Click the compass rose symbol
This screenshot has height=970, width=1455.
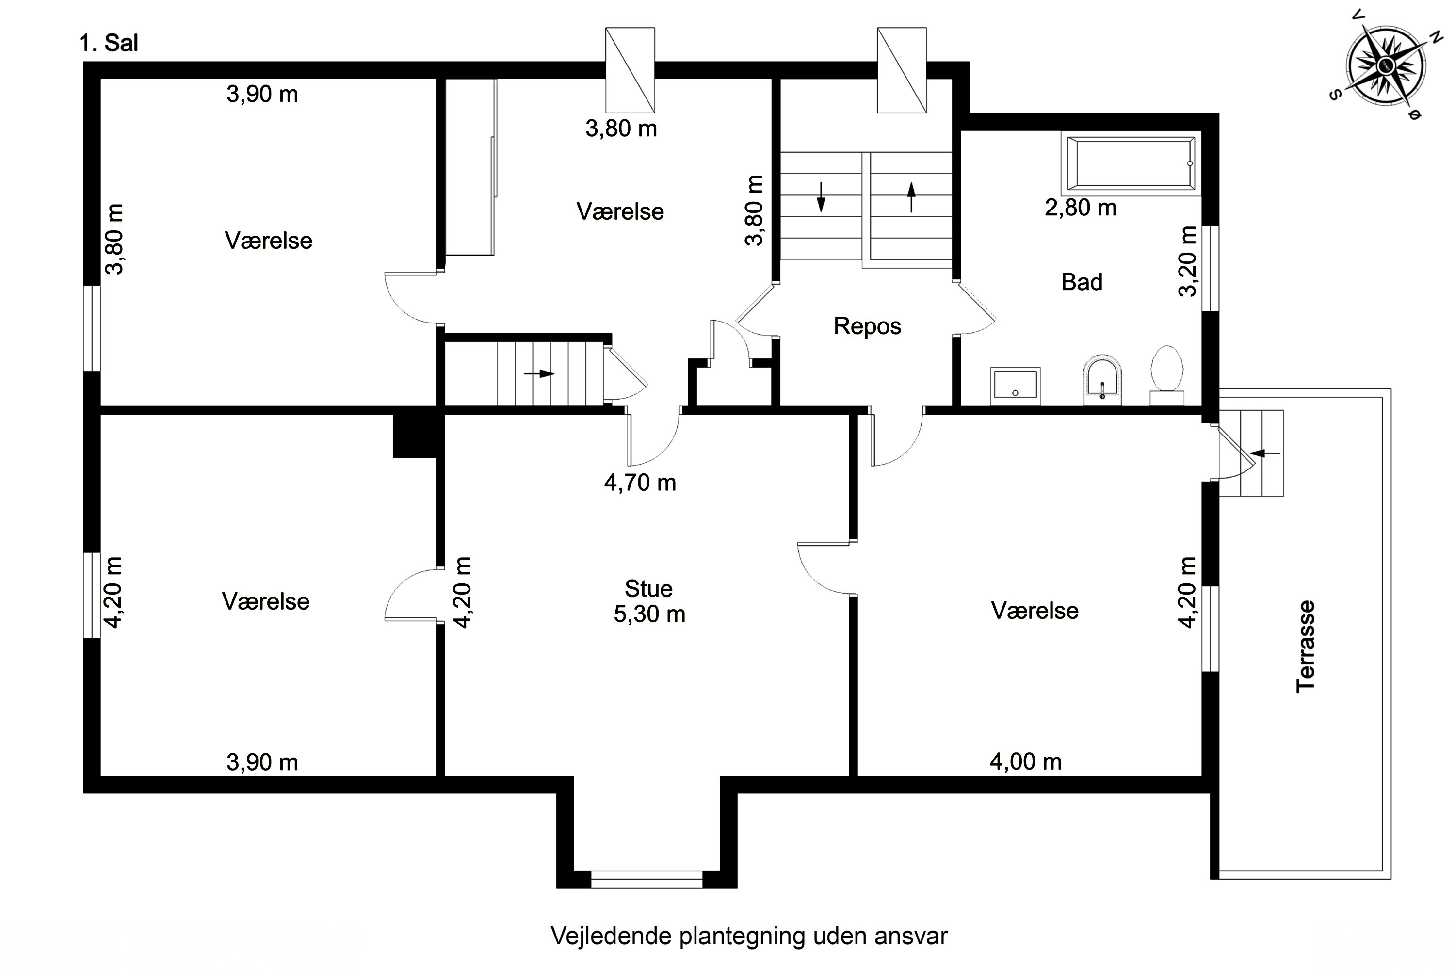click(1386, 65)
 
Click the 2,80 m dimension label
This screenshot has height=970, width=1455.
click(1081, 208)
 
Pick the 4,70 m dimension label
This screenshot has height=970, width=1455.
click(640, 483)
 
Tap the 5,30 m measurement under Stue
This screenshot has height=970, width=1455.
click(649, 614)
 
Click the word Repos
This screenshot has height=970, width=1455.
click(867, 326)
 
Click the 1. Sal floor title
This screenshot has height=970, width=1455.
click(109, 43)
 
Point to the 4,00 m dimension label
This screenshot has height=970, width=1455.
click(1026, 762)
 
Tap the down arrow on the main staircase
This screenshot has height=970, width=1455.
click(821, 197)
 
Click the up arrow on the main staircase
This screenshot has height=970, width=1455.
click(911, 197)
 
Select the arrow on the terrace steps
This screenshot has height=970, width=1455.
click(1264, 453)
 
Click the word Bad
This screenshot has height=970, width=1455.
click(1082, 282)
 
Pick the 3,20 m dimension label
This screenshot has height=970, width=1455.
click(1188, 262)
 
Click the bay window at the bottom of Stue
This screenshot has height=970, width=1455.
click(647, 879)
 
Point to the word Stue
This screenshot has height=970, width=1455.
click(648, 588)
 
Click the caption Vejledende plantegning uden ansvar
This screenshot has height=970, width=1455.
click(749, 936)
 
